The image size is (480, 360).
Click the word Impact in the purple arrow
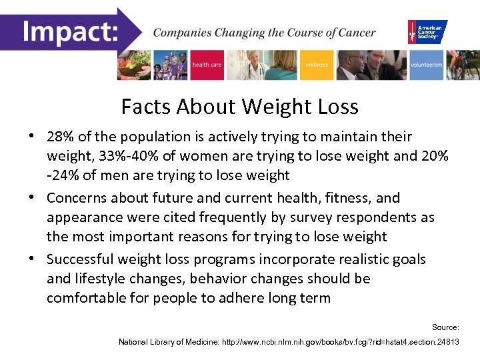click(70, 31)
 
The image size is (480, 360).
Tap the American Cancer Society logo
click(427, 31)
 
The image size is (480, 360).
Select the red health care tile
click(207, 65)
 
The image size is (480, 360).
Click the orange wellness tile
click(317, 65)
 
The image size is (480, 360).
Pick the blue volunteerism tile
click(426, 65)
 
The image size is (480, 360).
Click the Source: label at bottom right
click(445, 327)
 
